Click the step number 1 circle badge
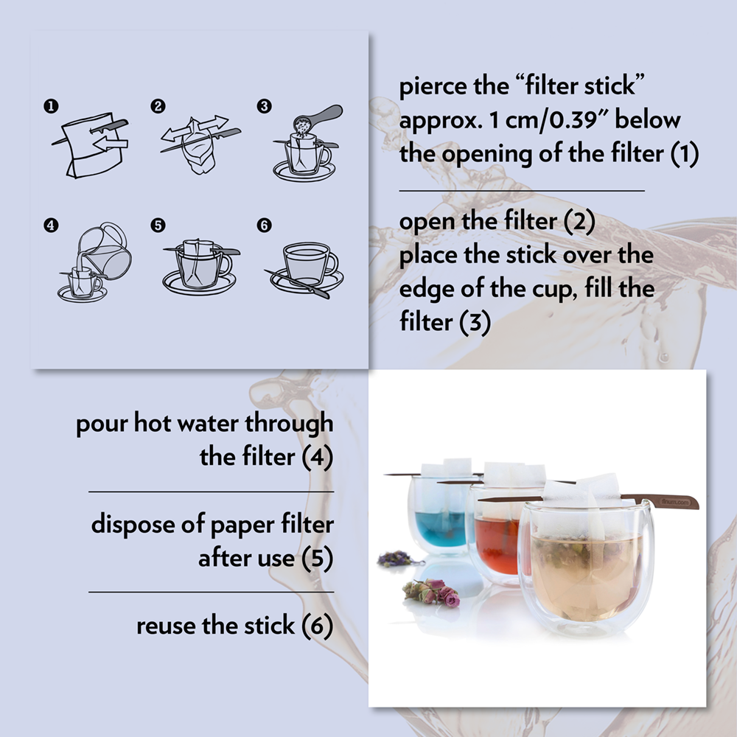50,107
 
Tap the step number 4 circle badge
50,226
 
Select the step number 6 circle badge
265,226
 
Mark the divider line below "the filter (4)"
211,492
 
